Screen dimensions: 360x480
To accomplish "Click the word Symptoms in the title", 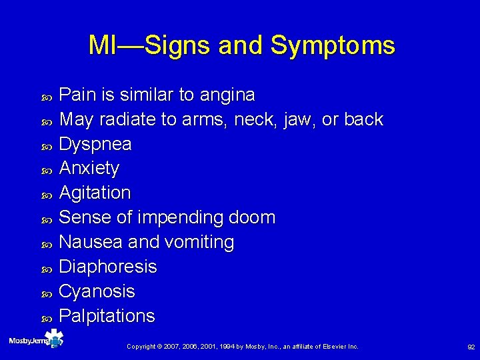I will (333, 46).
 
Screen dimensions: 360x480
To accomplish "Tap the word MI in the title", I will (103, 45).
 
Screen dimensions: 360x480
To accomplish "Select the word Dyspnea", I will (95, 144).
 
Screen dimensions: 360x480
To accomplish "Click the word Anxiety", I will (89, 169).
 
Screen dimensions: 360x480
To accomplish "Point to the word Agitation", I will (95, 193).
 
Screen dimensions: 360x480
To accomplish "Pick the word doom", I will (251, 217).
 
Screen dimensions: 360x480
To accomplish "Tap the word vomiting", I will (200, 242).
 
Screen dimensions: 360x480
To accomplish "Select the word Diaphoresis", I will (108, 267).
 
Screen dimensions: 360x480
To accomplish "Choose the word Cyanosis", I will (97, 291).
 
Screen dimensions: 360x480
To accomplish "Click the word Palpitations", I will (107, 315).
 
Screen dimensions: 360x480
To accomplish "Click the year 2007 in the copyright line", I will (171, 347).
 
